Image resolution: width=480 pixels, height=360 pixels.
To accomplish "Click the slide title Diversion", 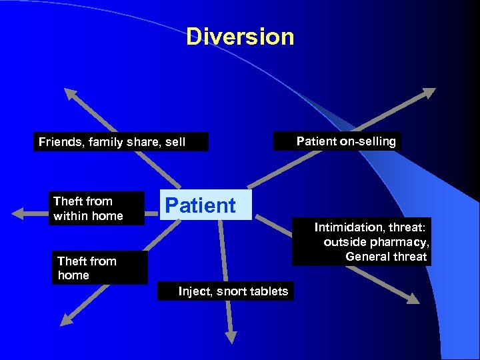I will pos(240,37).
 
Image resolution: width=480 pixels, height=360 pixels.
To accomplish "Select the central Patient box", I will pos(205,205).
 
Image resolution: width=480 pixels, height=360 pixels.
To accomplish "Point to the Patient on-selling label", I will pos(345,141).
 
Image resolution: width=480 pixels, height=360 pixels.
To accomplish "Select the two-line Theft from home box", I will pos(99,268).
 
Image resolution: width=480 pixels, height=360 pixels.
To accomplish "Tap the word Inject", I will pos(193,291).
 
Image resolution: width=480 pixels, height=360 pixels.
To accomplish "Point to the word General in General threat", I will pos(367,257).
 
